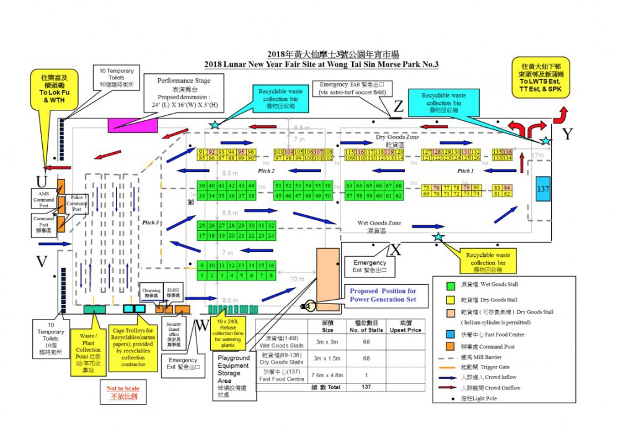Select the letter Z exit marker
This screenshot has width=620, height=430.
click(x=399, y=107)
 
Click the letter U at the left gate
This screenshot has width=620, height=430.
click(x=42, y=182)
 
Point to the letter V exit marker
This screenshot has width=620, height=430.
click(x=42, y=262)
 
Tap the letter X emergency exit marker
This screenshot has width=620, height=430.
click(x=396, y=249)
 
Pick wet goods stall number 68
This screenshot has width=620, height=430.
click(x=399, y=186)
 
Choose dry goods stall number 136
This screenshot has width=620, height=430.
click(x=507, y=152)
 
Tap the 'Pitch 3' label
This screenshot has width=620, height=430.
click(x=151, y=222)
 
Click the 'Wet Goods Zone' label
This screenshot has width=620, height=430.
click(x=379, y=223)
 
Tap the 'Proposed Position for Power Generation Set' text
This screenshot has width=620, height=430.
click(x=383, y=295)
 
